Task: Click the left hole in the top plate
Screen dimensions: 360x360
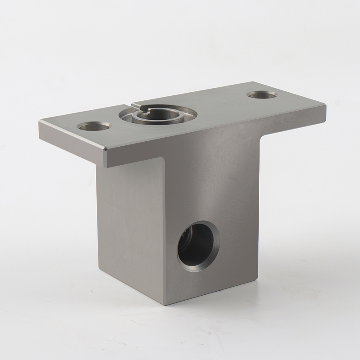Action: [94, 126]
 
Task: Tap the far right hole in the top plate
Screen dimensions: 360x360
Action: [261, 95]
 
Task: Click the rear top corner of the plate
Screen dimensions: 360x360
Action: [253, 82]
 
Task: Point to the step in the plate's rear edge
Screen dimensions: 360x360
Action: [134, 103]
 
